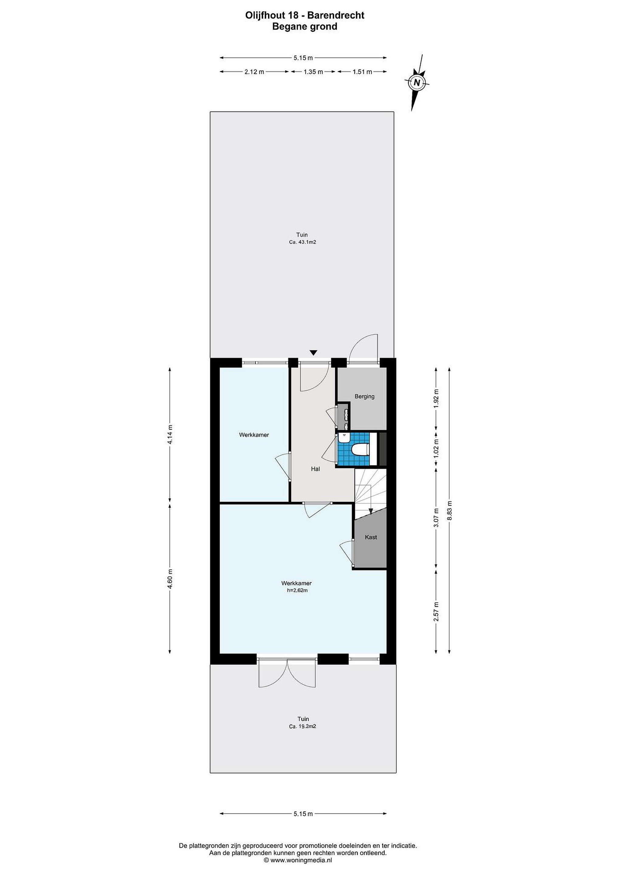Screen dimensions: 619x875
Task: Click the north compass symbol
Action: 417,82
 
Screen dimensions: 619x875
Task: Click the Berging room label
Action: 364,396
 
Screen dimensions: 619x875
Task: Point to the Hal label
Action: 315,469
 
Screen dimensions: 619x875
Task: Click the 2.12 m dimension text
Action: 254,72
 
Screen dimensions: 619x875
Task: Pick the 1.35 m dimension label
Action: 313,72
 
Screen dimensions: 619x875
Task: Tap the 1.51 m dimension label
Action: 362,72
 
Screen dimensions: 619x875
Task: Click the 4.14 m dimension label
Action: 170,434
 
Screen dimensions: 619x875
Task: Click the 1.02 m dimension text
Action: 437,449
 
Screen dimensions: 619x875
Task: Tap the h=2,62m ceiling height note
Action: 297,590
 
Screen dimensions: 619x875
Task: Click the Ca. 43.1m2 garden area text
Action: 302,242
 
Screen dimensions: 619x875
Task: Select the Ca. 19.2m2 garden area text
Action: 302,737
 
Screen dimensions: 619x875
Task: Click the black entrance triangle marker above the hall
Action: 313,352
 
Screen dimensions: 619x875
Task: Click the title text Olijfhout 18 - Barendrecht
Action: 305,15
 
